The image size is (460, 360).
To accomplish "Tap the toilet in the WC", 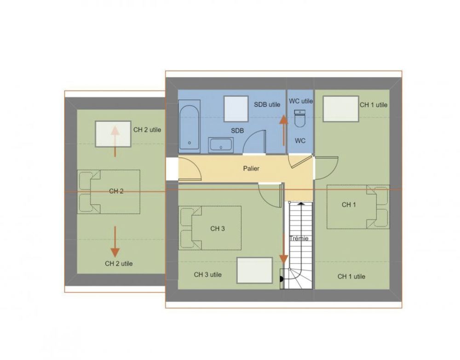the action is point(300,119).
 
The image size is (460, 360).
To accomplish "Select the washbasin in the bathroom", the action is point(221,145).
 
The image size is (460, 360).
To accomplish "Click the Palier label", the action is point(251,169).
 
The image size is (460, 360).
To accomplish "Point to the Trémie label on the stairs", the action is point(299,238).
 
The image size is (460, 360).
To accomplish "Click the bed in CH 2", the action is point(109,192).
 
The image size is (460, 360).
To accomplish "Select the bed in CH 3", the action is point(210,228).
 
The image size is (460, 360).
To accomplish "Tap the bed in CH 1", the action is point(358,207).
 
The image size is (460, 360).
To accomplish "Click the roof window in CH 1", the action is point(341,109).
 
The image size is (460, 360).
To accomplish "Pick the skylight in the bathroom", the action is point(236,109).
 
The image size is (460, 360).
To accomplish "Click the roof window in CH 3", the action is point(255,270).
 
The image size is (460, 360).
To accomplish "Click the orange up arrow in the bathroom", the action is point(283,130).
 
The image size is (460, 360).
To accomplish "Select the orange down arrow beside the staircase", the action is point(283,249).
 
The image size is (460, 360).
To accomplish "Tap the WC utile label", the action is point(301,101).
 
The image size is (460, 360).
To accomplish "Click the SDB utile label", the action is point(267,104).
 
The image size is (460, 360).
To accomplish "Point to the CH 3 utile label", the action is point(208,274).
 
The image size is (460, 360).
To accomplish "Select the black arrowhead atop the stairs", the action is point(301,203).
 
